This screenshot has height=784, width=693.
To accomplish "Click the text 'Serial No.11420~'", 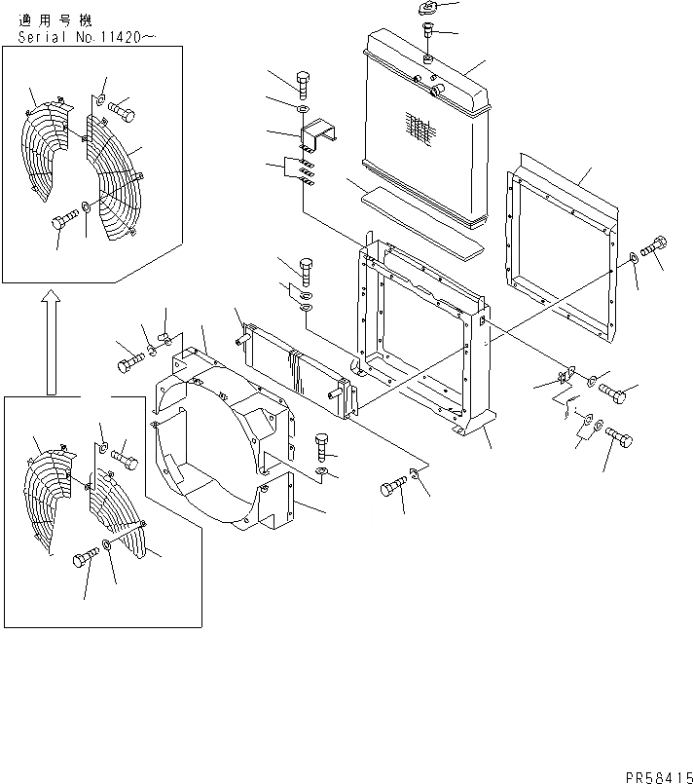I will click(87, 38).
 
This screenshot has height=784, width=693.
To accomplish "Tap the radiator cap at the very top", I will click(428, 10).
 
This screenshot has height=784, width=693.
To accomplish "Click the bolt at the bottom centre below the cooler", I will click(395, 484).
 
